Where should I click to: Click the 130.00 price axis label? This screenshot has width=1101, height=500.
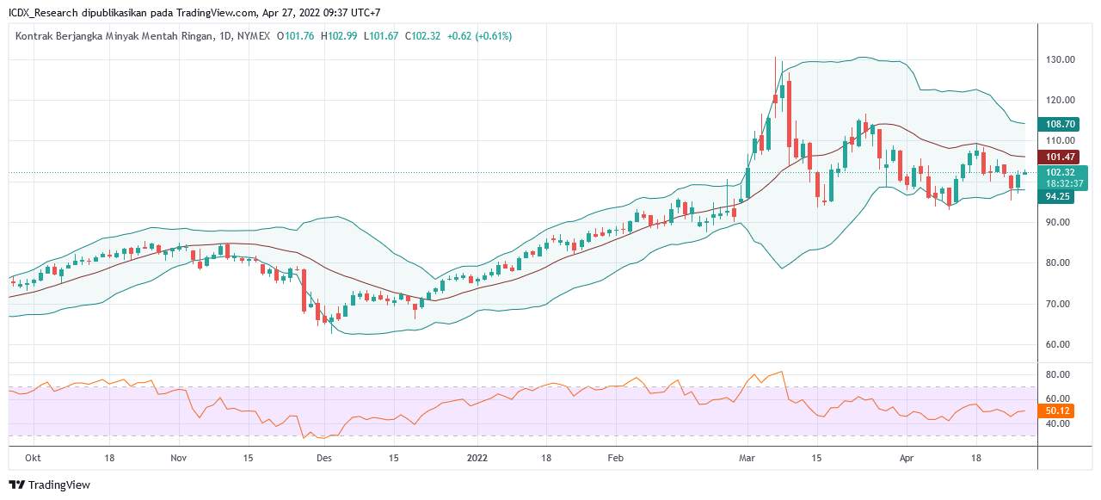point(1061,60)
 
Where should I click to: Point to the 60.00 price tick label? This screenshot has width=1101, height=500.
point(1061,344)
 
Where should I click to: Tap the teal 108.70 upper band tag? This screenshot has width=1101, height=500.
point(1060,125)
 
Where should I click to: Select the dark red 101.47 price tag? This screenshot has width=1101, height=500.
point(1060,157)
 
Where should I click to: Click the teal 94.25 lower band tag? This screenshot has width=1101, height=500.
point(1058,196)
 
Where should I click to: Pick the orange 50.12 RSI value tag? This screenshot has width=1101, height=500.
point(1058,411)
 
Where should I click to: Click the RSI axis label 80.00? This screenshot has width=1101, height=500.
point(1058,375)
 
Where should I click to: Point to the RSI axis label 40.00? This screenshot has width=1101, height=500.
point(1058,424)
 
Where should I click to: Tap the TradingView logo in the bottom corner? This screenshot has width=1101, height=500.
point(49,485)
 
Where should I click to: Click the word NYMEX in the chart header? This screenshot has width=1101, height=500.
point(254,36)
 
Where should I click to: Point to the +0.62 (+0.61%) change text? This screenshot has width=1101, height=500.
point(479,36)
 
